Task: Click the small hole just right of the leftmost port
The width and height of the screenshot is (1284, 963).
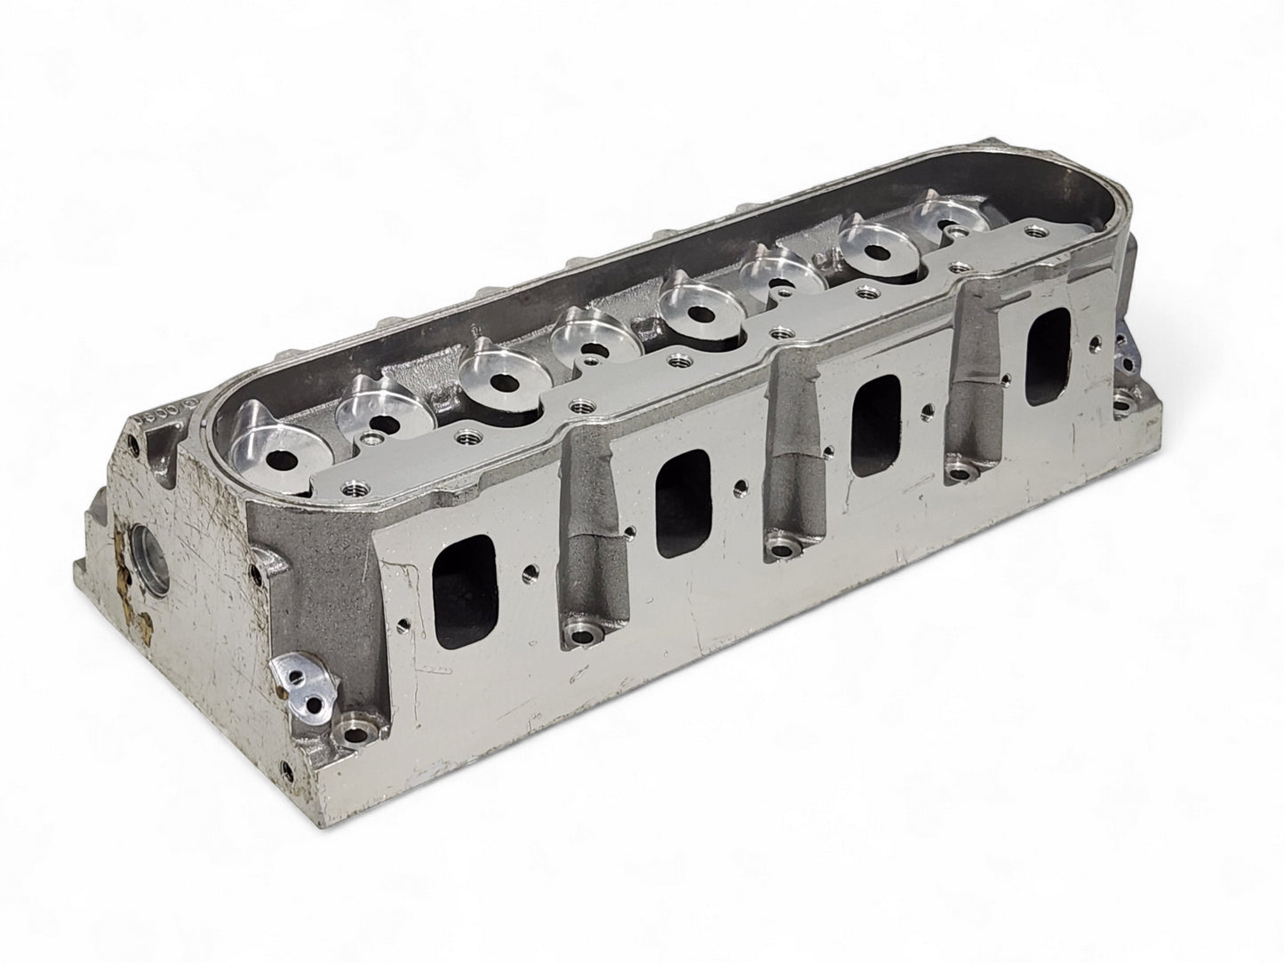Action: (530, 565)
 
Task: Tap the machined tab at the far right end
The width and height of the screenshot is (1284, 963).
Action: (1127, 355)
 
